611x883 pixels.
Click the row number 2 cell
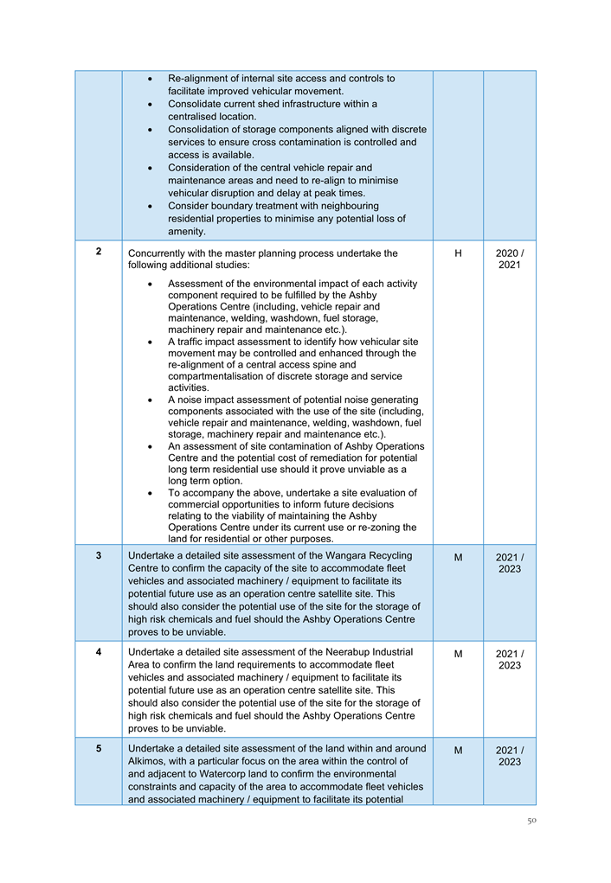99,252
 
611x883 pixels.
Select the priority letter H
458,253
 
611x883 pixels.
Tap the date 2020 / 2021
509,259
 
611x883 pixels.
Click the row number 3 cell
99,554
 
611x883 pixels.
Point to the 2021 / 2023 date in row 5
509,756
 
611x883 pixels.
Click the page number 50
532,821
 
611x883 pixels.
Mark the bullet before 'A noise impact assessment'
151,400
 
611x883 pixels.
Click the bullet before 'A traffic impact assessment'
151,342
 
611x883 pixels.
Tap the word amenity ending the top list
187,232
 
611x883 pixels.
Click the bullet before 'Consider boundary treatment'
151,207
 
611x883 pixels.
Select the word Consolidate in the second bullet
196,104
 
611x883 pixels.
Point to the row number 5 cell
99,748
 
